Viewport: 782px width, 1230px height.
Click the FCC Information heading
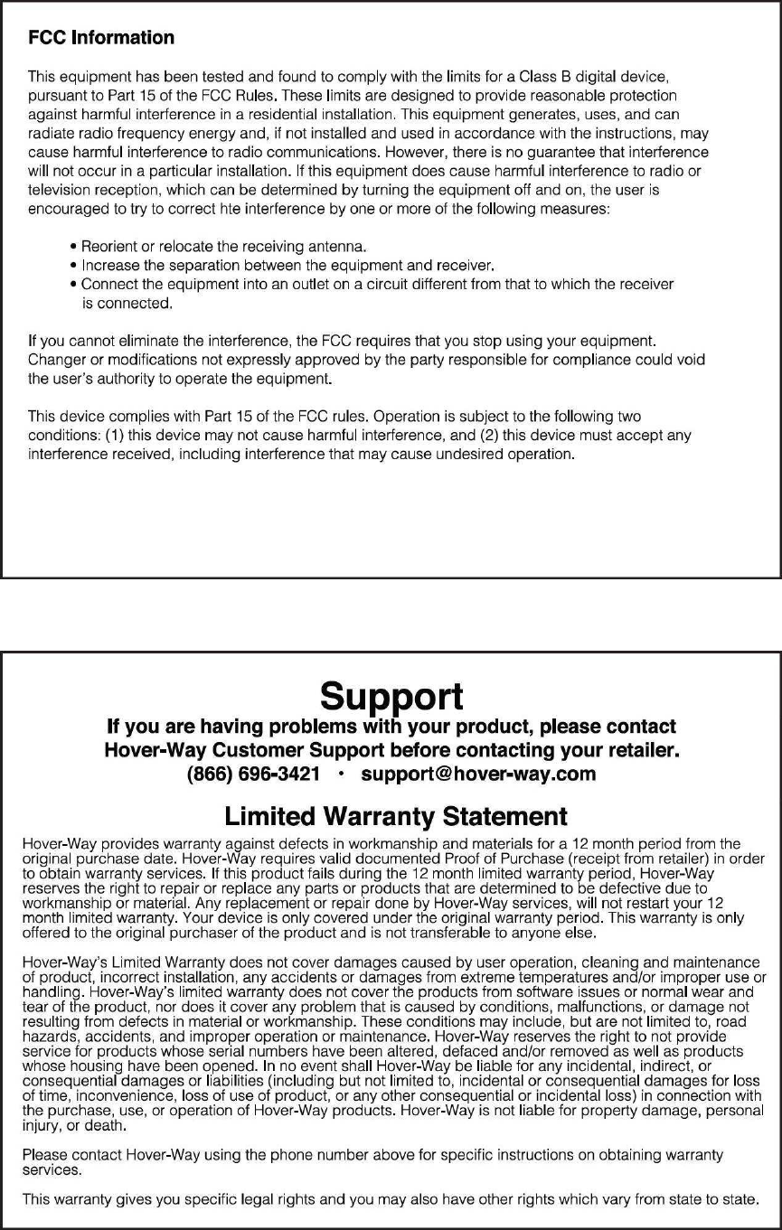tap(101, 38)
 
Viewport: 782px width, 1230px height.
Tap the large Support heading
tap(391, 696)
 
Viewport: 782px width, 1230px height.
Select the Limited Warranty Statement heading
tap(396, 817)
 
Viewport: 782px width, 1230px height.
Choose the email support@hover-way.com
tap(478, 774)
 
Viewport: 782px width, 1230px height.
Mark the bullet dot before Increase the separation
tap(72, 266)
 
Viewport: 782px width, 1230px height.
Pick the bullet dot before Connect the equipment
tap(72, 285)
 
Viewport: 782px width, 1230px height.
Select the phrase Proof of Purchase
tap(492, 858)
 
